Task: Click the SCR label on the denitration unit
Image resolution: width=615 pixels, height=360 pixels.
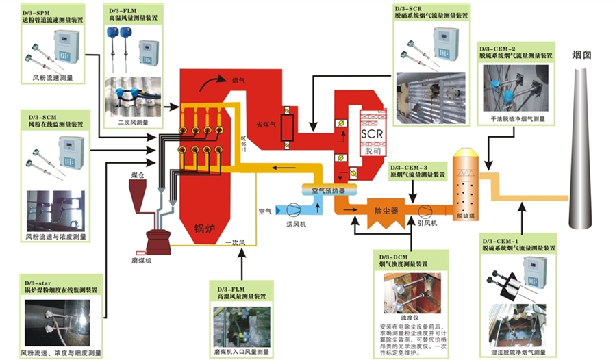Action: pyautogui.click(x=371, y=134)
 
